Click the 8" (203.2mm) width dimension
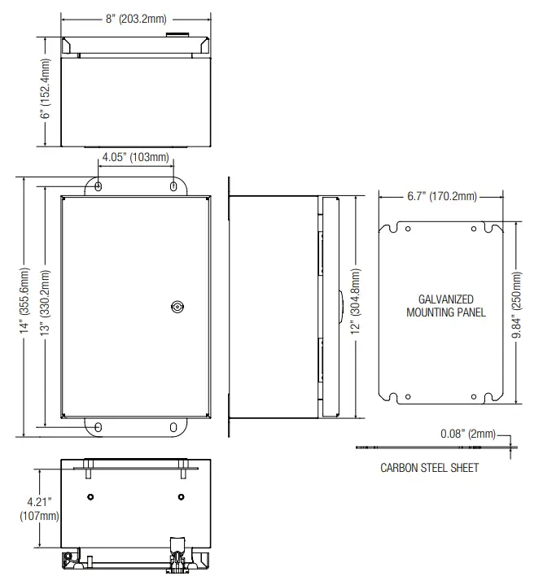[136, 19]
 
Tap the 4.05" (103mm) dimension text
[135, 157]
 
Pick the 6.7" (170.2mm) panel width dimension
[442, 196]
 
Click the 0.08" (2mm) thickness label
[462, 434]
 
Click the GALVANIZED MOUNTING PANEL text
[445, 306]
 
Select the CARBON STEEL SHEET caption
[429, 468]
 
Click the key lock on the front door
[177, 307]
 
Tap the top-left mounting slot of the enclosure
[99, 186]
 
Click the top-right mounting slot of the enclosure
[173, 186]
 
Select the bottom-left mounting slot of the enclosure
[99, 426]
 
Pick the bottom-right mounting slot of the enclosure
[173, 426]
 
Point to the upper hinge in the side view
[320, 242]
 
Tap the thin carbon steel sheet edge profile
[431, 447]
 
